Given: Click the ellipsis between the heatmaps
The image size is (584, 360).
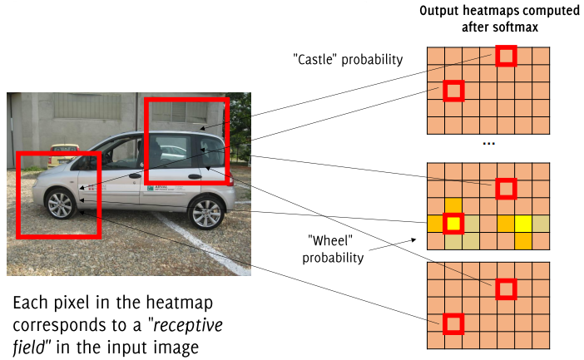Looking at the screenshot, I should [x=489, y=145].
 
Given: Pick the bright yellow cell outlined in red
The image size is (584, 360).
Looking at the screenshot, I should [x=453, y=223].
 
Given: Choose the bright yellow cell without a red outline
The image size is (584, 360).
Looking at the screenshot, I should [x=524, y=223].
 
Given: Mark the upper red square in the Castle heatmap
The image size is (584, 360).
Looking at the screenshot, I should [x=506, y=55].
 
